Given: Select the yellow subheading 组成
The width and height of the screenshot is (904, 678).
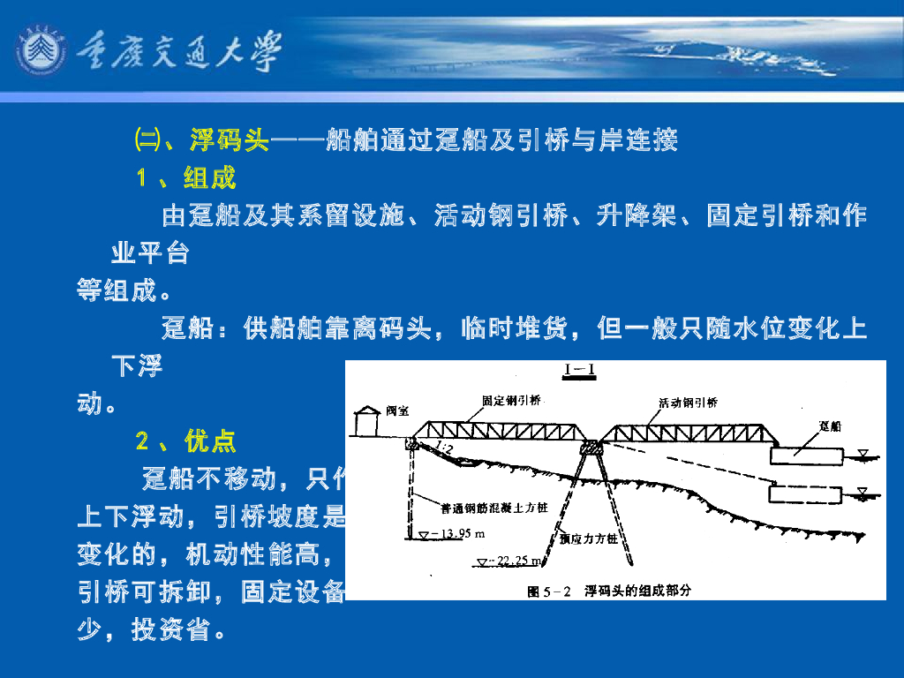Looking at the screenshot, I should tap(210, 178).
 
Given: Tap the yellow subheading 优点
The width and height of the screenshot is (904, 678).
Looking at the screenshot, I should tap(210, 441).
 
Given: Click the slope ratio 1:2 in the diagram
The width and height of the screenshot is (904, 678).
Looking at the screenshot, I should tap(444, 451).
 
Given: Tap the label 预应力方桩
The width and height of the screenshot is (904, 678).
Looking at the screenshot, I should tap(588, 538).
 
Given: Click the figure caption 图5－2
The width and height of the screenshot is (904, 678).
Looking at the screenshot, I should tap(549, 590).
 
